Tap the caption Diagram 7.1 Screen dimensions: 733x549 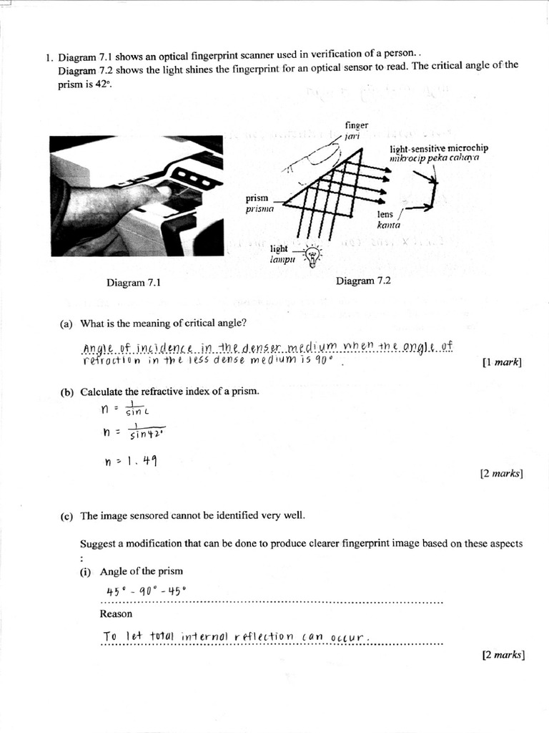point(133,283)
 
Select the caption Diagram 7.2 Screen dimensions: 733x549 point(363,281)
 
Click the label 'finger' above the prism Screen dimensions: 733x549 point(356,125)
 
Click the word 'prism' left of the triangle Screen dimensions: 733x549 point(257,199)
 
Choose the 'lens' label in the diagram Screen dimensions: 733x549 point(385,214)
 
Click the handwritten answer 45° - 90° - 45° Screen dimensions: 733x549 point(145,591)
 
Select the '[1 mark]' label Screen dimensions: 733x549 point(503,363)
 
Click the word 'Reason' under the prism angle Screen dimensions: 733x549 point(116,614)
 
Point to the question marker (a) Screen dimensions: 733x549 point(66,324)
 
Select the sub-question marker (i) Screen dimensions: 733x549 point(87,571)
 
